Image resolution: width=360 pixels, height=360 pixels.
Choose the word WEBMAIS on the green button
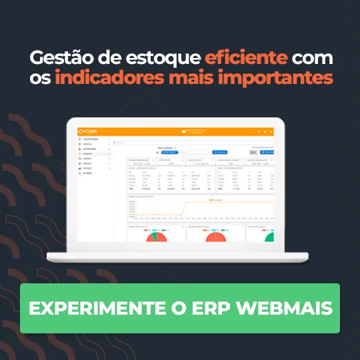286,309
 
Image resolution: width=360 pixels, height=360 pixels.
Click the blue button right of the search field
220,152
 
